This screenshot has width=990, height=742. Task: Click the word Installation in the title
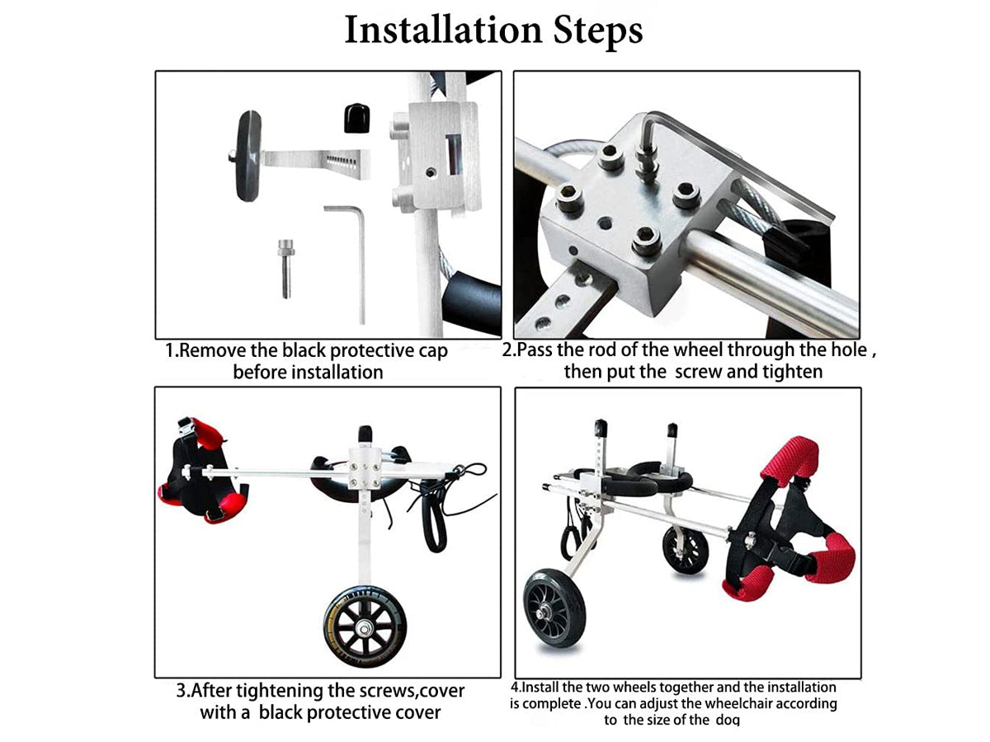coord(443,31)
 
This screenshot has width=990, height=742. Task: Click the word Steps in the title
coord(598,32)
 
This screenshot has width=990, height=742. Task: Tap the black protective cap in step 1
coord(356,118)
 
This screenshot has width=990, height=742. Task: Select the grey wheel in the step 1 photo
coord(248,156)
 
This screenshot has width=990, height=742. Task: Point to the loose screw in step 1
coord(285,269)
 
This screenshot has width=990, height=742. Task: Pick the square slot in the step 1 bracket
coord(453,154)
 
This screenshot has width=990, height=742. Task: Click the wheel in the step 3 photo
coord(365,627)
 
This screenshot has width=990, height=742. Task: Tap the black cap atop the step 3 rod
coord(365,434)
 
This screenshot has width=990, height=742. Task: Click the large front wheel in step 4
coord(554,608)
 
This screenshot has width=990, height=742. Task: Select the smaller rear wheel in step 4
coord(685,551)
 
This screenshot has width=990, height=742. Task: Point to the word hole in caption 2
coord(846,350)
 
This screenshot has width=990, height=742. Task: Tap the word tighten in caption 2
coord(793,373)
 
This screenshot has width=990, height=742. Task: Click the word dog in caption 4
coord(728,721)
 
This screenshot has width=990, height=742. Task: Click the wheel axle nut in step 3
coord(364,627)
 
